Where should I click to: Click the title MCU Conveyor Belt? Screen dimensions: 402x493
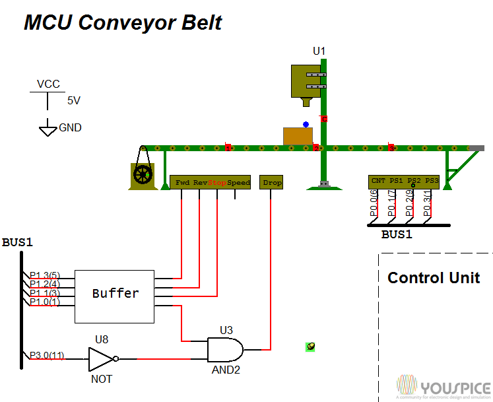[x=123, y=22]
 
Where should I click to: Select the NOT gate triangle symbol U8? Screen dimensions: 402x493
[x=102, y=360]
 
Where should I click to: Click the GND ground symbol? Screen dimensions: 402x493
[x=48, y=129]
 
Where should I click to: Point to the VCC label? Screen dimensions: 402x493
[x=48, y=84]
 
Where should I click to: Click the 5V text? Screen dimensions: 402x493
[x=74, y=101]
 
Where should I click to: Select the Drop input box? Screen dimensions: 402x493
[x=272, y=183]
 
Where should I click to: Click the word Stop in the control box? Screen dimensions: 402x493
[x=217, y=183]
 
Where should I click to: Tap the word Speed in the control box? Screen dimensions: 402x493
[x=238, y=183]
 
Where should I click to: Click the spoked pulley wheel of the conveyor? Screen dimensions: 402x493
[x=143, y=175]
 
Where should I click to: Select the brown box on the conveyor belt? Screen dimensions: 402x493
[x=298, y=136]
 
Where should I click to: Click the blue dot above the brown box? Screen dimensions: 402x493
[x=305, y=123]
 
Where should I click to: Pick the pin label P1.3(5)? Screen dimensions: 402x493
[x=45, y=275]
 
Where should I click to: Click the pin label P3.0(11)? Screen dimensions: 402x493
[x=47, y=356]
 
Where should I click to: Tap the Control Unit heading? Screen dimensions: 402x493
[x=434, y=278]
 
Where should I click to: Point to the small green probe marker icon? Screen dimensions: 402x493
[x=310, y=347]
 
